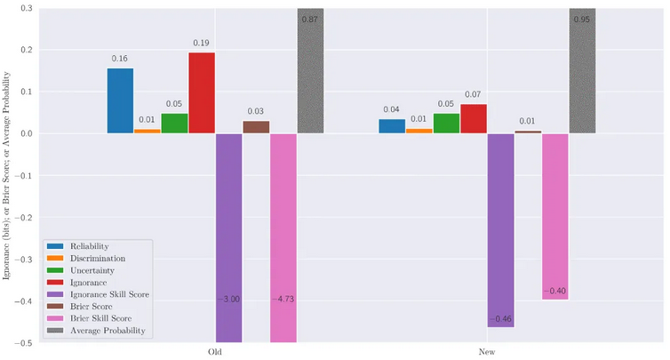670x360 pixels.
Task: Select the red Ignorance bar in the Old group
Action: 201,92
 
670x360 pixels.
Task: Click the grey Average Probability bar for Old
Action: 310,71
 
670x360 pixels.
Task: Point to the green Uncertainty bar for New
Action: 446,123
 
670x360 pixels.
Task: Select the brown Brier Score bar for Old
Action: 256,126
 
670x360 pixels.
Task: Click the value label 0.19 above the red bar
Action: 201,42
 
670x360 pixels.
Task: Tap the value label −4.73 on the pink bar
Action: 283,300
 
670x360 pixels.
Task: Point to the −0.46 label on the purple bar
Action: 500,319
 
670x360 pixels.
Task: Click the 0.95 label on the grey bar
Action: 582,19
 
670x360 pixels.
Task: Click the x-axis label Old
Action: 215,352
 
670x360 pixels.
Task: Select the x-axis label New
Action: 487,352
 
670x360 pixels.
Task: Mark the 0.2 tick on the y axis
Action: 26,50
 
